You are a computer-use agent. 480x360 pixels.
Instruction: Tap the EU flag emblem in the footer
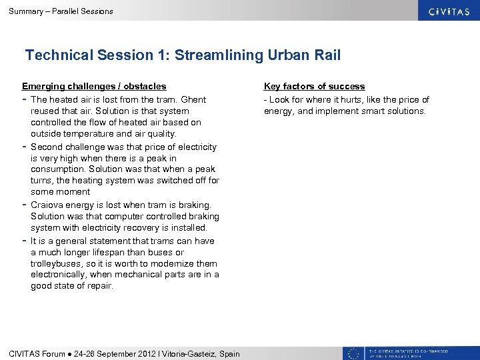(353, 353)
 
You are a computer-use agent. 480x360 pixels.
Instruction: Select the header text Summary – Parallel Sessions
(57, 11)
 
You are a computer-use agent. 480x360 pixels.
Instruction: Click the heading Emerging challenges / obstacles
(94, 86)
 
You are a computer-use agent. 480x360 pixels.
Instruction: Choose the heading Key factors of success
(314, 86)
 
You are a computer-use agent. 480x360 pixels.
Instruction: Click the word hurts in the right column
(347, 99)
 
